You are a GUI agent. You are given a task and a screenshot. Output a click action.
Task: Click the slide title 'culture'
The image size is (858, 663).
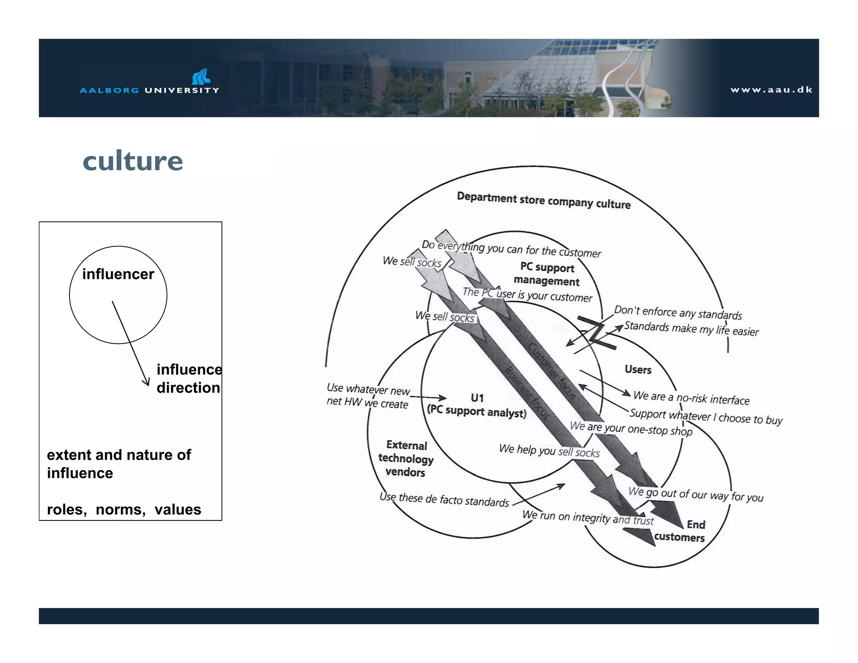tap(133, 161)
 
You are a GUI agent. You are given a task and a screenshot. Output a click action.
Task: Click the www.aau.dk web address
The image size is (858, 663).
tap(771, 90)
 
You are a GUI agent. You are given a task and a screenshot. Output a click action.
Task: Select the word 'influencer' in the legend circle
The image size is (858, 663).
tap(118, 274)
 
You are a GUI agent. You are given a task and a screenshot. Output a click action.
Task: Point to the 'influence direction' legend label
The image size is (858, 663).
tap(189, 378)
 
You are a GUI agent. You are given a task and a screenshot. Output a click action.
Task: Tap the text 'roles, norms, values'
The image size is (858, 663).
tap(124, 510)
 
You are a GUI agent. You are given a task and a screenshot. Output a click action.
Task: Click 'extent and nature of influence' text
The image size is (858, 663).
tap(119, 464)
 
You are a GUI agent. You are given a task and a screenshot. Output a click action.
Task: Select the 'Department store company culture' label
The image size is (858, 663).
tap(543, 201)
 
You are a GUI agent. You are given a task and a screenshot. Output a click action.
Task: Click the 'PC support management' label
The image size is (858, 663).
tap(547, 275)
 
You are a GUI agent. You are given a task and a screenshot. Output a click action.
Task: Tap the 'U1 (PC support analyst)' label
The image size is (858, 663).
tap(477, 405)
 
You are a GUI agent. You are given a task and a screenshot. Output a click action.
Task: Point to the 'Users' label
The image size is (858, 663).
tap(638, 370)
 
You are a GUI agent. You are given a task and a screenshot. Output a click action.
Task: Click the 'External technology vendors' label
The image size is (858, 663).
tap(406, 458)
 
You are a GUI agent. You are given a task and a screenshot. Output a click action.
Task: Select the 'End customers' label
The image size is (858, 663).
tap(680, 531)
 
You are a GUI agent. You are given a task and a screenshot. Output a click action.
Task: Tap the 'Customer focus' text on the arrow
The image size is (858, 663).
tap(552, 370)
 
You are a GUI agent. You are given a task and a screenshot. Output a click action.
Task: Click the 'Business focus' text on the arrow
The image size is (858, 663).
tap(527, 393)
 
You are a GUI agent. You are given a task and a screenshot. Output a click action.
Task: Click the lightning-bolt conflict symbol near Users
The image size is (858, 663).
tap(596, 334)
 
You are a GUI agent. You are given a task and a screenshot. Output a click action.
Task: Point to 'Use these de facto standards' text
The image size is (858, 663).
tap(444, 500)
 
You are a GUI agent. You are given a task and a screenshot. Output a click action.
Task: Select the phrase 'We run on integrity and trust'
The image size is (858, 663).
tap(588, 518)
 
